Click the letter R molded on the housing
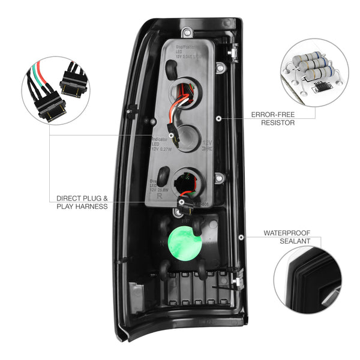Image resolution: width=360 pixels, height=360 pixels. (158, 196)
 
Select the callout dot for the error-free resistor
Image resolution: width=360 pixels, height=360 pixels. (221, 118)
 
